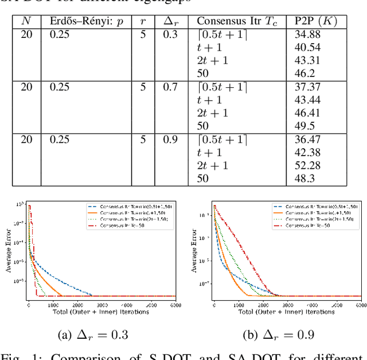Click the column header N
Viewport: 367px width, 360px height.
coord(26,21)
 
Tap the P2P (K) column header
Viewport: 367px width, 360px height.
coord(315,21)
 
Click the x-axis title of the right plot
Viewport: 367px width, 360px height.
coord(287,312)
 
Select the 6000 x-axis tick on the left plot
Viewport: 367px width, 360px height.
coord(175,305)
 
